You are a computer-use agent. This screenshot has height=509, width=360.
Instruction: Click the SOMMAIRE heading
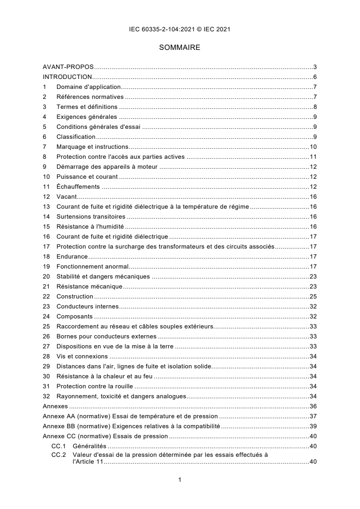(x=180, y=47)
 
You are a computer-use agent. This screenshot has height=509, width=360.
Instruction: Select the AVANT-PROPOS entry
(x=68, y=67)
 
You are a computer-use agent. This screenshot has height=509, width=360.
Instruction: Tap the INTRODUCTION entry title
(x=67, y=77)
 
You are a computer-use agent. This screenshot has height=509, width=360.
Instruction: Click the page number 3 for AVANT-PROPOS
(x=315, y=67)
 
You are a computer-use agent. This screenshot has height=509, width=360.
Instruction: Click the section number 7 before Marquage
(x=44, y=147)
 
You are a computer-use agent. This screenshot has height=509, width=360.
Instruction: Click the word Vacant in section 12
(x=66, y=196)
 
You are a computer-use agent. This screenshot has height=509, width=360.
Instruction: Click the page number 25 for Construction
(x=313, y=296)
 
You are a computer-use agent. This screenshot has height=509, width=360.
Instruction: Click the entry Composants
(x=74, y=316)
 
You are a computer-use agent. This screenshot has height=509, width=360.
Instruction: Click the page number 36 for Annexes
(x=313, y=406)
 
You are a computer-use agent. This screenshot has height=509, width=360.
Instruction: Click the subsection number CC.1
(x=59, y=446)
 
